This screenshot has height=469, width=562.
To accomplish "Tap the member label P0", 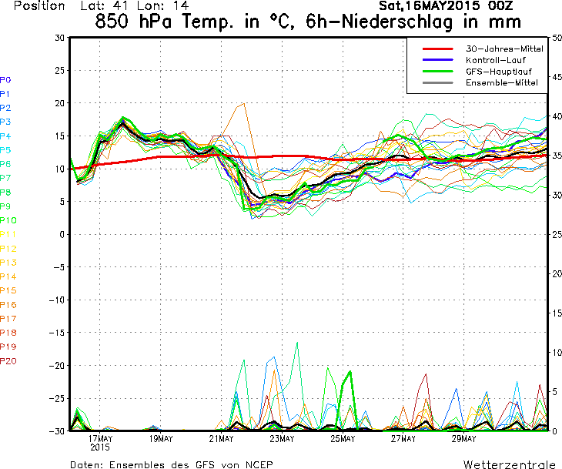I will (x=5, y=79).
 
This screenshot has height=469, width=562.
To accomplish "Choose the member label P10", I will (x=8, y=220).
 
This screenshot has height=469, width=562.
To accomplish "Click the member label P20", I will (x=8, y=360).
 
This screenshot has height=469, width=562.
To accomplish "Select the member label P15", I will (x=8, y=290).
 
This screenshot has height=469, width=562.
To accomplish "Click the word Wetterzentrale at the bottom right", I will (x=509, y=464).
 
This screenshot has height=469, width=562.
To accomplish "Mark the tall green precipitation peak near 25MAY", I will (x=351, y=372).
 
